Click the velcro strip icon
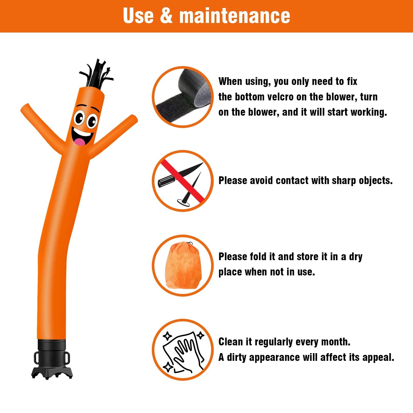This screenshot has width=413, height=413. coord(183,97)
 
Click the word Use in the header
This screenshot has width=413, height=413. coord(138,16)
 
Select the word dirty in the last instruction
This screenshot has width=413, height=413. coord(237,358)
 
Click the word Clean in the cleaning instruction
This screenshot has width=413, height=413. coord(231,342)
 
